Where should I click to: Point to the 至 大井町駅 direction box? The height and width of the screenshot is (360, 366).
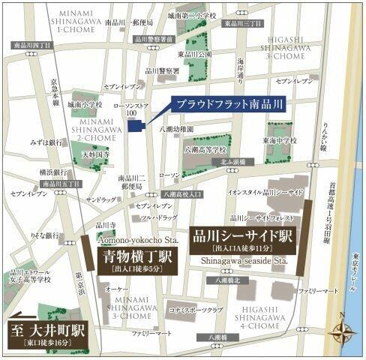point(49,331)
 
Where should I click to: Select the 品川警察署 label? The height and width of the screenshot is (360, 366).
point(162,71)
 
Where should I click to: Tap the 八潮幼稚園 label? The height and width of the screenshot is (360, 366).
point(178,130)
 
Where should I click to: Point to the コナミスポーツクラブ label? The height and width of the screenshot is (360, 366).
point(196,308)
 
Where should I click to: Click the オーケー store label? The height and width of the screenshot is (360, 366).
point(115,287)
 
